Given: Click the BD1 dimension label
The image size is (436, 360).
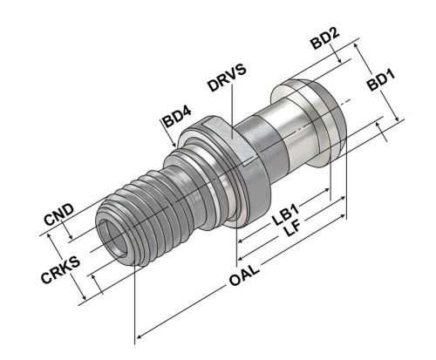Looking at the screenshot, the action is pos(381,80).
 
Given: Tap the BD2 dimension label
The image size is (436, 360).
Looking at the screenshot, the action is pos(325,39).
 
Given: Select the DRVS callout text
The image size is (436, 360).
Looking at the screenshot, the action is pos(227,78).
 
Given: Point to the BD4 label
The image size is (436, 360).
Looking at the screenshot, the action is pos(177,117).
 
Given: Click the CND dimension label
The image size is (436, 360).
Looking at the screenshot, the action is pos(58,214).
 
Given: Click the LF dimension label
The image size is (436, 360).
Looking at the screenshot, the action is pos(292,229).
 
